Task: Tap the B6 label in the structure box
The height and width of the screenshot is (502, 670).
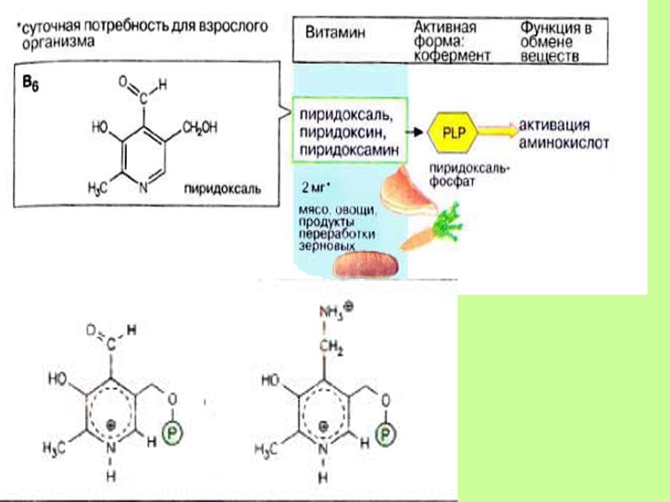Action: click(31, 86)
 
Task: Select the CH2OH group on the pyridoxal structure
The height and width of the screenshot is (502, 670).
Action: click(200, 127)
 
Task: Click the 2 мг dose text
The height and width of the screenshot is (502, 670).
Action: click(315, 187)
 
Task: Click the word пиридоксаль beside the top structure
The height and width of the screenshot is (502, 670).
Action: click(222, 190)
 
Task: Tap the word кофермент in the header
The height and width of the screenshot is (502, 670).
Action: click(453, 56)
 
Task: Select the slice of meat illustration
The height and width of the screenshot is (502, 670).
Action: click(407, 193)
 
